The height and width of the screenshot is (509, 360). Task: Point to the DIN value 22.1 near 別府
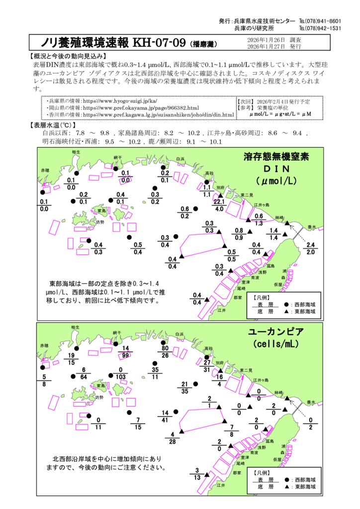point(219,202)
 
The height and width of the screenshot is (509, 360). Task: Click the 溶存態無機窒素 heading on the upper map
point(276,157)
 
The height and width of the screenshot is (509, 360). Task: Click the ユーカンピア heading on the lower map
point(276,332)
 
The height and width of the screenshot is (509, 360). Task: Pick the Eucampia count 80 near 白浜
point(165,348)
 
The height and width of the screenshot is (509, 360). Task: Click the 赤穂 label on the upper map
point(45,170)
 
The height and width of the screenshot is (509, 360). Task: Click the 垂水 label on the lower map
point(311,402)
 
